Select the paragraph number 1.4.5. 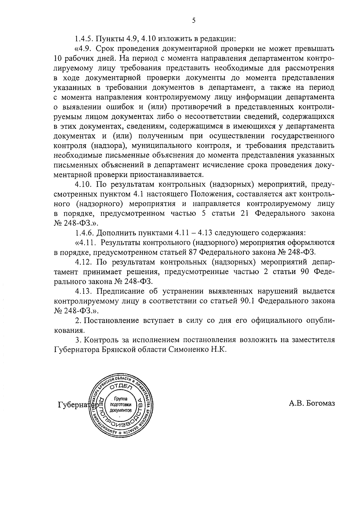coord(85,39)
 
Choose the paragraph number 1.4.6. coord(85,233)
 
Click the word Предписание coord(121,291)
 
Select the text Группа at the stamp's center coord(121,399)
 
